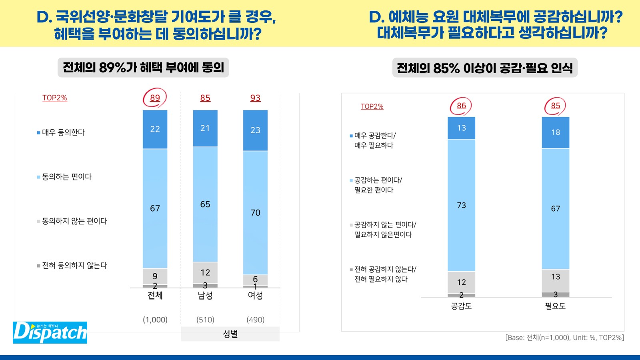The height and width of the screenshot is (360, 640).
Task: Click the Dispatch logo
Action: tap(50, 332)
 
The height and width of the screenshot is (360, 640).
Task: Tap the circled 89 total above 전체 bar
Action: tap(155, 98)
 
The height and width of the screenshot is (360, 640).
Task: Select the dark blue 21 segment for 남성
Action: tap(205, 128)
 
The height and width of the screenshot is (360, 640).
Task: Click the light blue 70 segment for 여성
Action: tap(255, 212)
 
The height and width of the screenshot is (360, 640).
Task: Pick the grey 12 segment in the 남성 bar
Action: tap(205, 273)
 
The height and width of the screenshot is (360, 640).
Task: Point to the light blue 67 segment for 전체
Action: tap(155, 208)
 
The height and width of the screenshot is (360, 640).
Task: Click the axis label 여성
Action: tap(255, 296)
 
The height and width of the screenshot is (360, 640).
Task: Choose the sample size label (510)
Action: tap(205, 320)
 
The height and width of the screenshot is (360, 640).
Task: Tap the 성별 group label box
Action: tap(230, 334)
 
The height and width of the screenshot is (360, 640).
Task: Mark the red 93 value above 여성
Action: tap(255, 98)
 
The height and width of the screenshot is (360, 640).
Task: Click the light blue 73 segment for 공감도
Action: tap(461, 205)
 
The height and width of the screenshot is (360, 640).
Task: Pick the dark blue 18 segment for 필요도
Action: tap(556, 132)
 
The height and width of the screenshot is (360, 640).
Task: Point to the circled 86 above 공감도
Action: tap(461, 106)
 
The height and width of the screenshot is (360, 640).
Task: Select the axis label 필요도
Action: tap(555, 306)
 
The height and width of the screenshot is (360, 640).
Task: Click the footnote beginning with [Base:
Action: tap(564, 338)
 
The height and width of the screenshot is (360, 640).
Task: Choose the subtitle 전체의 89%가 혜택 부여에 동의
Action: tap(143, 67)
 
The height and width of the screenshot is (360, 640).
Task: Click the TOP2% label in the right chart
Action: tap(372, 106)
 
